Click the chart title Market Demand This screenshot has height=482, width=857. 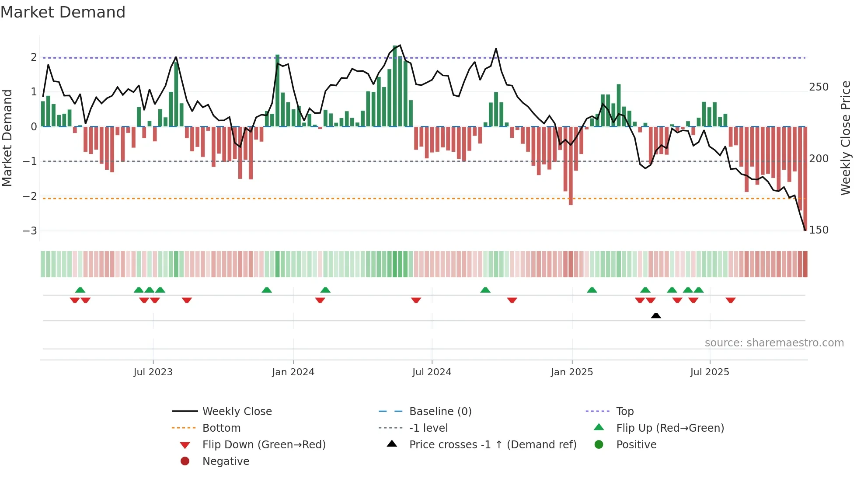pyautogui.click(x=63, y=12)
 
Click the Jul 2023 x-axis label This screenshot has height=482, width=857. pyautogui.click(x=153, y=372)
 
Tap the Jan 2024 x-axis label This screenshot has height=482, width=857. pyautogui.click(x=293, y=372)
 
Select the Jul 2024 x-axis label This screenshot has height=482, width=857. pyautogui.click(x=432, y=372)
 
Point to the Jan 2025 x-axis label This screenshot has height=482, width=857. pyautogui.click(x=571, y=372)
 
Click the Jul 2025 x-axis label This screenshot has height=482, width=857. pyautogui.click(x=710, y=372)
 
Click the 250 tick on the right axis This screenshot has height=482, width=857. pyautogui.click(x=819, y=87)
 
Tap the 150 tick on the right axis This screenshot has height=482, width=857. pyautogui.click(x=819, y=230)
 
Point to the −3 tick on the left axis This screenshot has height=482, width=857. pyautogui.click(x=30, y=231)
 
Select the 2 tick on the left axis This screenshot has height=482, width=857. pyautogui.click(x=34, y=57)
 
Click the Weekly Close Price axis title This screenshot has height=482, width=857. pyautogui.click(x=846, y=138)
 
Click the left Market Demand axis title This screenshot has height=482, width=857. pyautogui.click(x=7, y=138)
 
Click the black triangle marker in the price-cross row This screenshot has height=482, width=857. pyautogui.click(x=655, y=315)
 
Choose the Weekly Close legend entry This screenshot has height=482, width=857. pyautogui.click(x=237, y=411)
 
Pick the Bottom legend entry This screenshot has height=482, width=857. pyautogui.click(x=221, y=428)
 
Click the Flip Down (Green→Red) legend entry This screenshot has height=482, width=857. pyautogui.click(x=264, y=444)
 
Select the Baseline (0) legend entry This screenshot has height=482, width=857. pyautogui.click(x=440, y=411)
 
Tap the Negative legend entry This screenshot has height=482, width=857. pyautogui.click(x=226, y=461)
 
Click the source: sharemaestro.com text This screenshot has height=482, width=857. pyautogui.click(x=774, y=343)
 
